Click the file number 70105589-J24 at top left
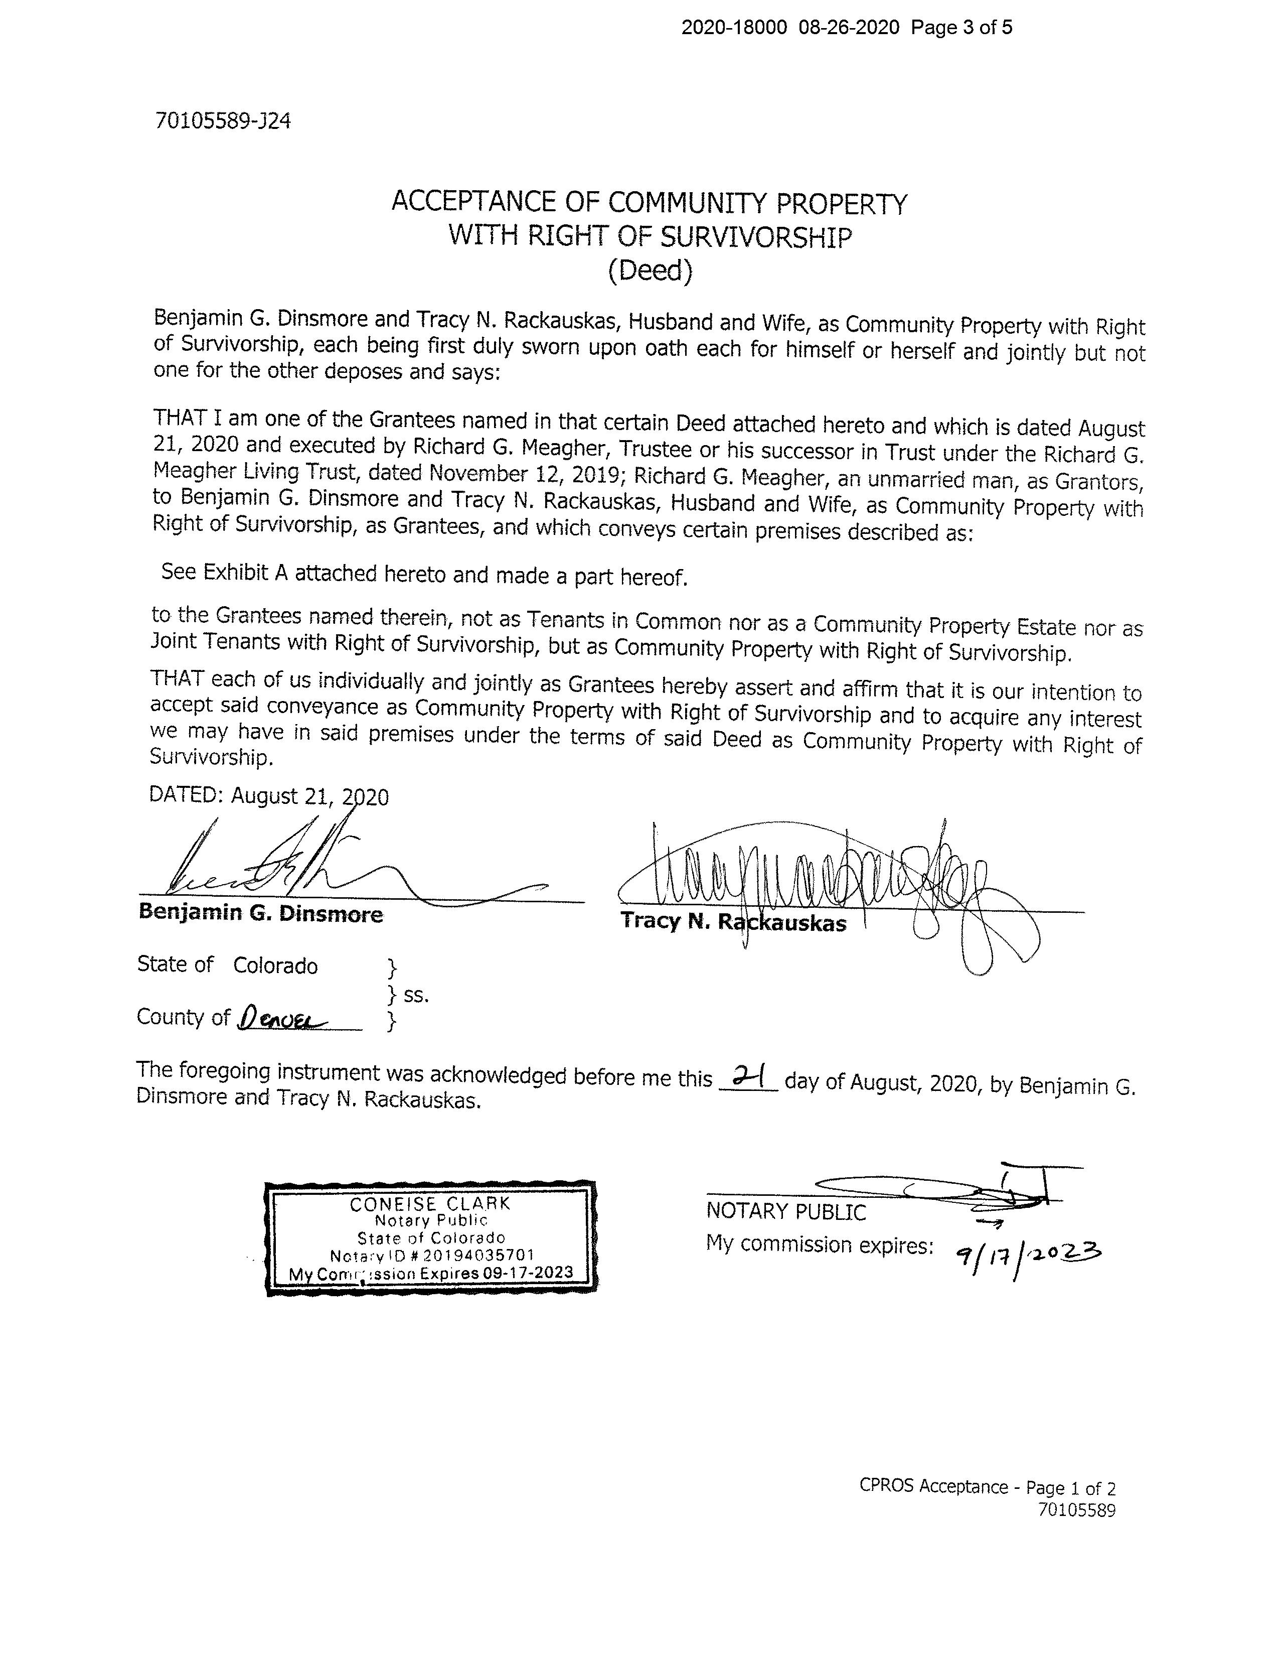[222, 121]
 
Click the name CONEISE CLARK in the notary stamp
[430, 1204]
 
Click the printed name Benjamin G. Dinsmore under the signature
[260, 913]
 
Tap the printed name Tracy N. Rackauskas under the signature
[732, 922]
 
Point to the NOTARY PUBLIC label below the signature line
[786, 1211]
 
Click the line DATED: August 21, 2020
[268, 796]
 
